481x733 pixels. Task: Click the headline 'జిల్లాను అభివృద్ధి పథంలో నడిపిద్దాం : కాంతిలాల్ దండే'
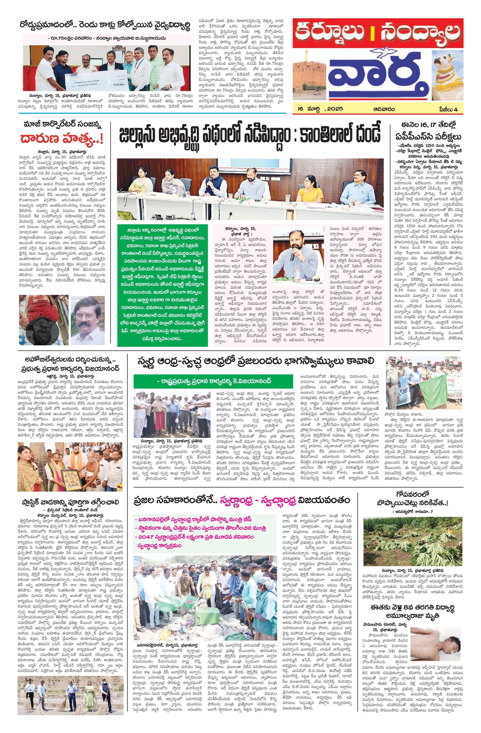point(250,136)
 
